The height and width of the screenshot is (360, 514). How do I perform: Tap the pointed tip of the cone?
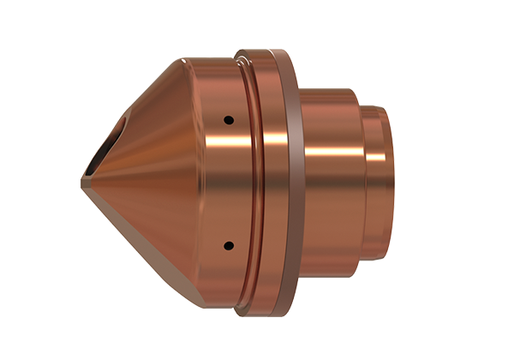tap(82, 181)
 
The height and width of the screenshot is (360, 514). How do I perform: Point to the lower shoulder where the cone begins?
tap(183, 304)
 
